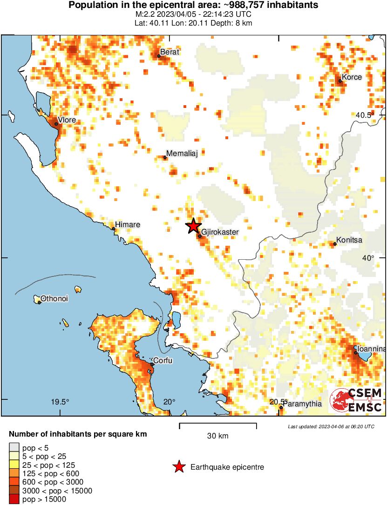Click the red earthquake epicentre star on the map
pyautogui.click(x=193, y=226)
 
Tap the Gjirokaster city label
pyautogui.click(x=220, y=232)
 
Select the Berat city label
pyautogui.click(x=170, y=52)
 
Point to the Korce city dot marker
pyautogui.click(x=340, y=81)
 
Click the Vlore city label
pyautogui.click(x=67, y=120)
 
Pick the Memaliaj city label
pyautogui.click(x=182, y=154)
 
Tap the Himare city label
pyautogui.click(x=128, y=225)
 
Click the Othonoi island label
pyautogui.click(x=54, y=298)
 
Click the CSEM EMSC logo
pyautogui.click(x=356, y=400)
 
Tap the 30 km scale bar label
pyautogui.click(x=217, y=436)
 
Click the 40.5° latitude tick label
pyautogui.click(x=365, y=115)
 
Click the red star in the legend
pyautogui.click(x=178, y=467)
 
